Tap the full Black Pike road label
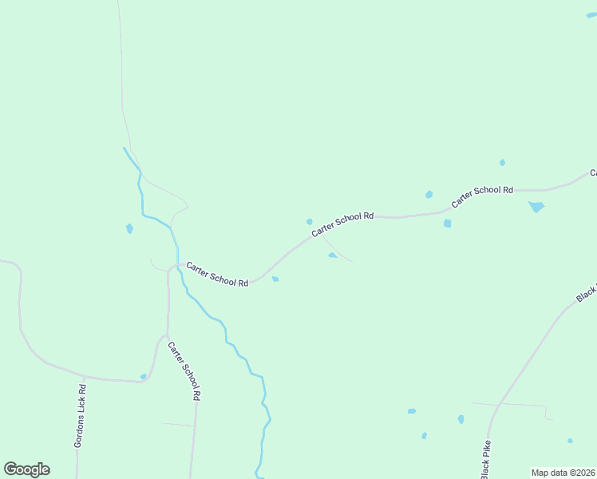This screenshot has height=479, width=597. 485,459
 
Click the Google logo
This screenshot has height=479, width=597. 26,469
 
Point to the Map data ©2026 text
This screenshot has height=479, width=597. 563,473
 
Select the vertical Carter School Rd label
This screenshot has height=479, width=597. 184,370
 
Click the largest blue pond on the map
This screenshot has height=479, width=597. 536,207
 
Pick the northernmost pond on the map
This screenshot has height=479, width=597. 502,162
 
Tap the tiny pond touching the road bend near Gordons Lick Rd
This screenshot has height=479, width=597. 144,376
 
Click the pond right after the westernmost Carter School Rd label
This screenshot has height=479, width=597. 275,279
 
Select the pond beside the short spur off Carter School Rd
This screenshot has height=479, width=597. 332,255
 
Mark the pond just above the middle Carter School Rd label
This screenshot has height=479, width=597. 309,221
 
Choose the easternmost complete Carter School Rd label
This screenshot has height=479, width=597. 481,196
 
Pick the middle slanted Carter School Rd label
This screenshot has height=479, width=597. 342,224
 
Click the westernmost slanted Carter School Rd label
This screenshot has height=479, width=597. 217,274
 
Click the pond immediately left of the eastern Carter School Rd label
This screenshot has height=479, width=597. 429,194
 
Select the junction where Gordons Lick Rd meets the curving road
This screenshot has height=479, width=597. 84,376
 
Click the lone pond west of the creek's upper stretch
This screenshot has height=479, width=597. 129,228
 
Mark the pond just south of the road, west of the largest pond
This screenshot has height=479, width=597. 447,224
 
